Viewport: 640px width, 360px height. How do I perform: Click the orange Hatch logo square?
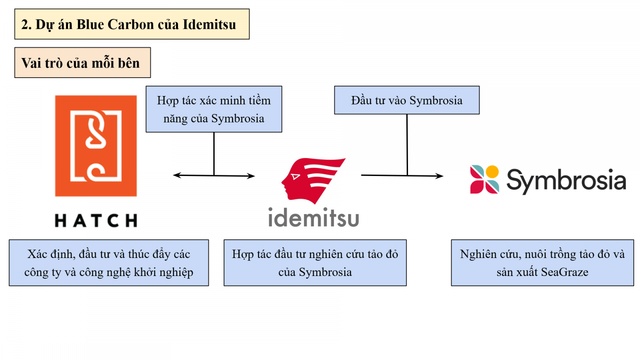[96, 146]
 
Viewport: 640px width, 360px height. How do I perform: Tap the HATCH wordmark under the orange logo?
[96, 220]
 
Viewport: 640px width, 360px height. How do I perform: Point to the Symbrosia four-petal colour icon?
[484, 179]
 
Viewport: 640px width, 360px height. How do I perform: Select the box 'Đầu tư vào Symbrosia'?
[407, 100]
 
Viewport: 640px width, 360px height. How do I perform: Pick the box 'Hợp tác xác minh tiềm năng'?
[214, 109]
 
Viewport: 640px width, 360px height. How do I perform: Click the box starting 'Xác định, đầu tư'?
[109, 263]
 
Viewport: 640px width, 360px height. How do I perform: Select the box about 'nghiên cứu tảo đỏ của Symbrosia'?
[315, 263]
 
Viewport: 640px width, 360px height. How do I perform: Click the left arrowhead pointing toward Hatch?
[176, 175]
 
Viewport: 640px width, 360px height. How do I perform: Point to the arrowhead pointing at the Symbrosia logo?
[440, 176]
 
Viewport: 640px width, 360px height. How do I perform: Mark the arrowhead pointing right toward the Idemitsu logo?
[251, 176]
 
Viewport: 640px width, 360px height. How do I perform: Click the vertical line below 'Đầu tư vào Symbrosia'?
[407, 144]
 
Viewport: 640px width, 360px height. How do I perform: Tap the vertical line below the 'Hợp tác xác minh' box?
[214, 154]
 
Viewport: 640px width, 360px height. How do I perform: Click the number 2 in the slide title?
[25, 24]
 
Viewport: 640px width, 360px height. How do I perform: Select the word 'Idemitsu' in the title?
[209, 24]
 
